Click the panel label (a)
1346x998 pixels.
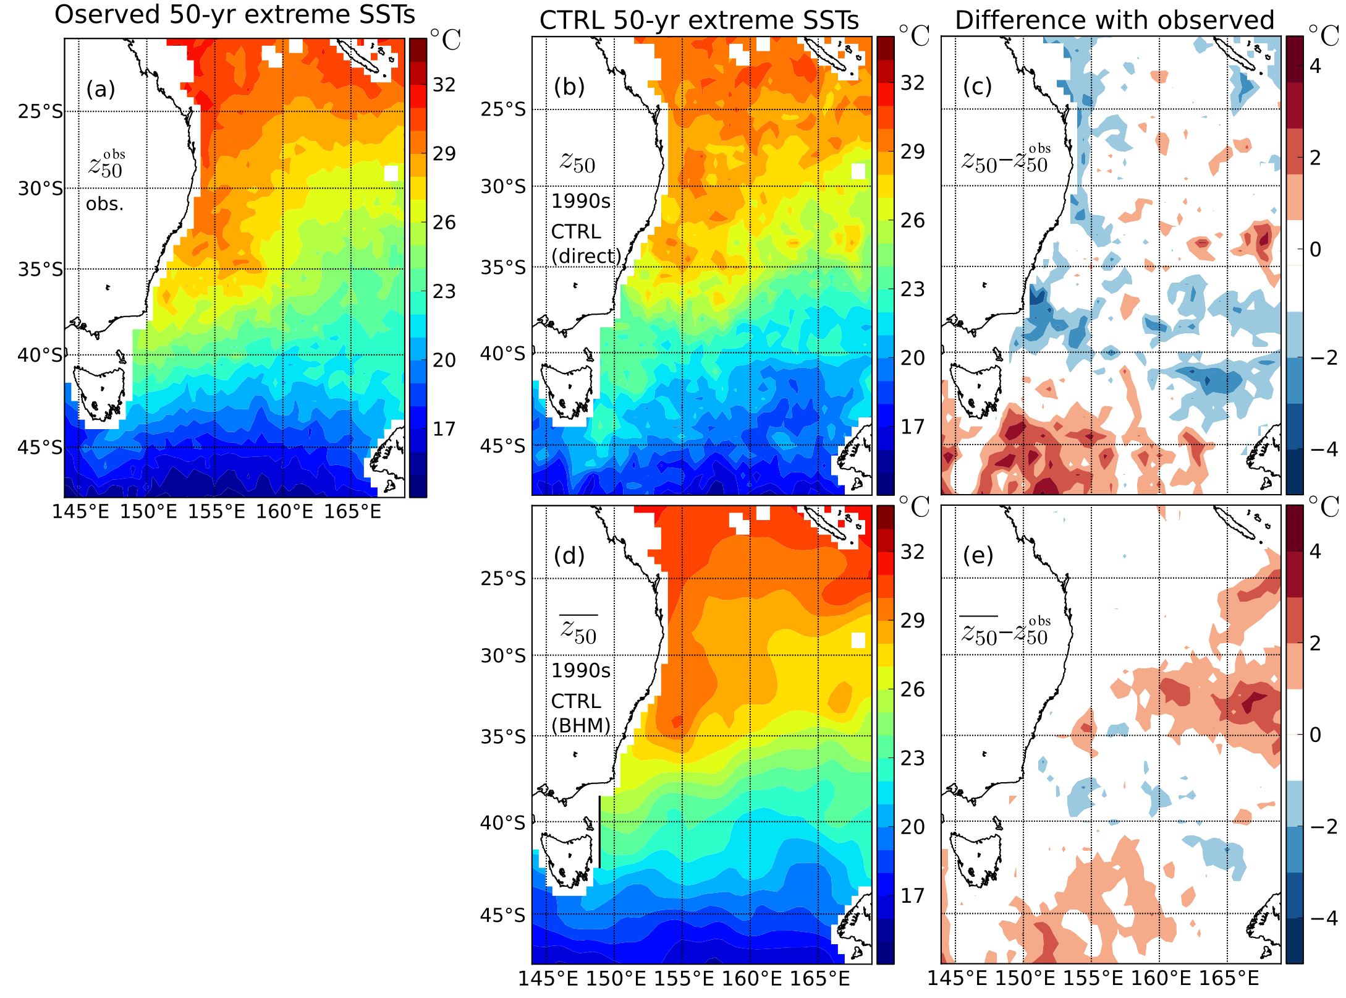point(101,90)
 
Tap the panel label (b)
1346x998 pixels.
point(569,87)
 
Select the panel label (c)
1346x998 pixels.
point(977,87)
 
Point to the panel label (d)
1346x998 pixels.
point(569,556)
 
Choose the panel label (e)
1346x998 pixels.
point(978,556)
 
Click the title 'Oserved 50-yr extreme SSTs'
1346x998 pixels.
point(235,15)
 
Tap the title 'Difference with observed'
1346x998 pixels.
point(1114,20)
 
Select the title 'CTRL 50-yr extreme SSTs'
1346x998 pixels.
point(699,20)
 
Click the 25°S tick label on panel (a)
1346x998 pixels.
point(40,112)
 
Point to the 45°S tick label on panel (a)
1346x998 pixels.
point(40,448)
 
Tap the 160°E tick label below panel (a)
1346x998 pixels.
point(284,512)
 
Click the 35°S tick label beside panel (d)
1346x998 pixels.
point(503,737)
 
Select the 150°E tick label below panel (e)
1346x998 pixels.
point(1025,978)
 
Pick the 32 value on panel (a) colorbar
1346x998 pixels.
point(444,85)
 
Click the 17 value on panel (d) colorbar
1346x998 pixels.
point(912,895)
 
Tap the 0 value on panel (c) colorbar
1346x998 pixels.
point(1315,250)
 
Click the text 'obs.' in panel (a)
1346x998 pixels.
point(104,204)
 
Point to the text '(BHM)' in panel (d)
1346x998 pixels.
point(581,725)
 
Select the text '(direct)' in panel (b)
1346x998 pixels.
point(586,255)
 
